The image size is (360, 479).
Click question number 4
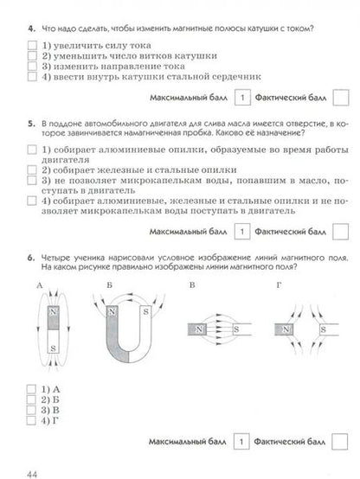click(31, 29)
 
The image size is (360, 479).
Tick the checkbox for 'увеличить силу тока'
click(32, 44)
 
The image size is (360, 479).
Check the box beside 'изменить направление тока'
click(32, 66)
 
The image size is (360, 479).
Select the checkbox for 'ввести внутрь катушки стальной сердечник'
click(32, 77)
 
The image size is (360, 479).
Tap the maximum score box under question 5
click(245, 232)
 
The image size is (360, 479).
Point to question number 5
click(31, 126)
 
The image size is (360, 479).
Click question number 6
click(31, 256)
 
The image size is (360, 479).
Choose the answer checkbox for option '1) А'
click(32, 389)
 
